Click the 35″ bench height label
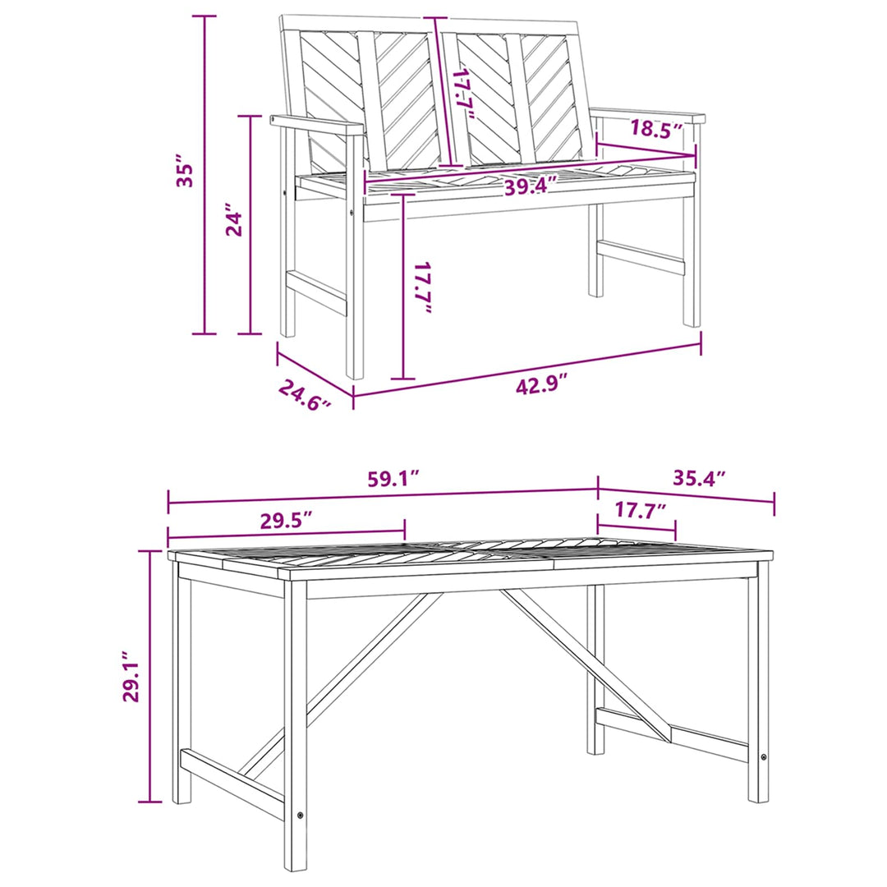coord(185,170)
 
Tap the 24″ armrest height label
coord(234,219)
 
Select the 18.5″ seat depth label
coord(657,129)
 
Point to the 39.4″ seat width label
coord(531,186)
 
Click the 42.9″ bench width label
coord(540,385)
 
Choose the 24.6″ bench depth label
coord(305,394)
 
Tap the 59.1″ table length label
coord(393,479)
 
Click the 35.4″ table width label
coord(699,478)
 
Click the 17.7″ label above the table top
coord(640,510)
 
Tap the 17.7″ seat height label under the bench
coord(423,287)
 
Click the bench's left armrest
coord(317,125)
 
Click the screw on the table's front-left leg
coord(300,816)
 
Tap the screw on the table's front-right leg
coord(764,757)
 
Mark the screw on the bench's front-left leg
coord(353,214)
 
